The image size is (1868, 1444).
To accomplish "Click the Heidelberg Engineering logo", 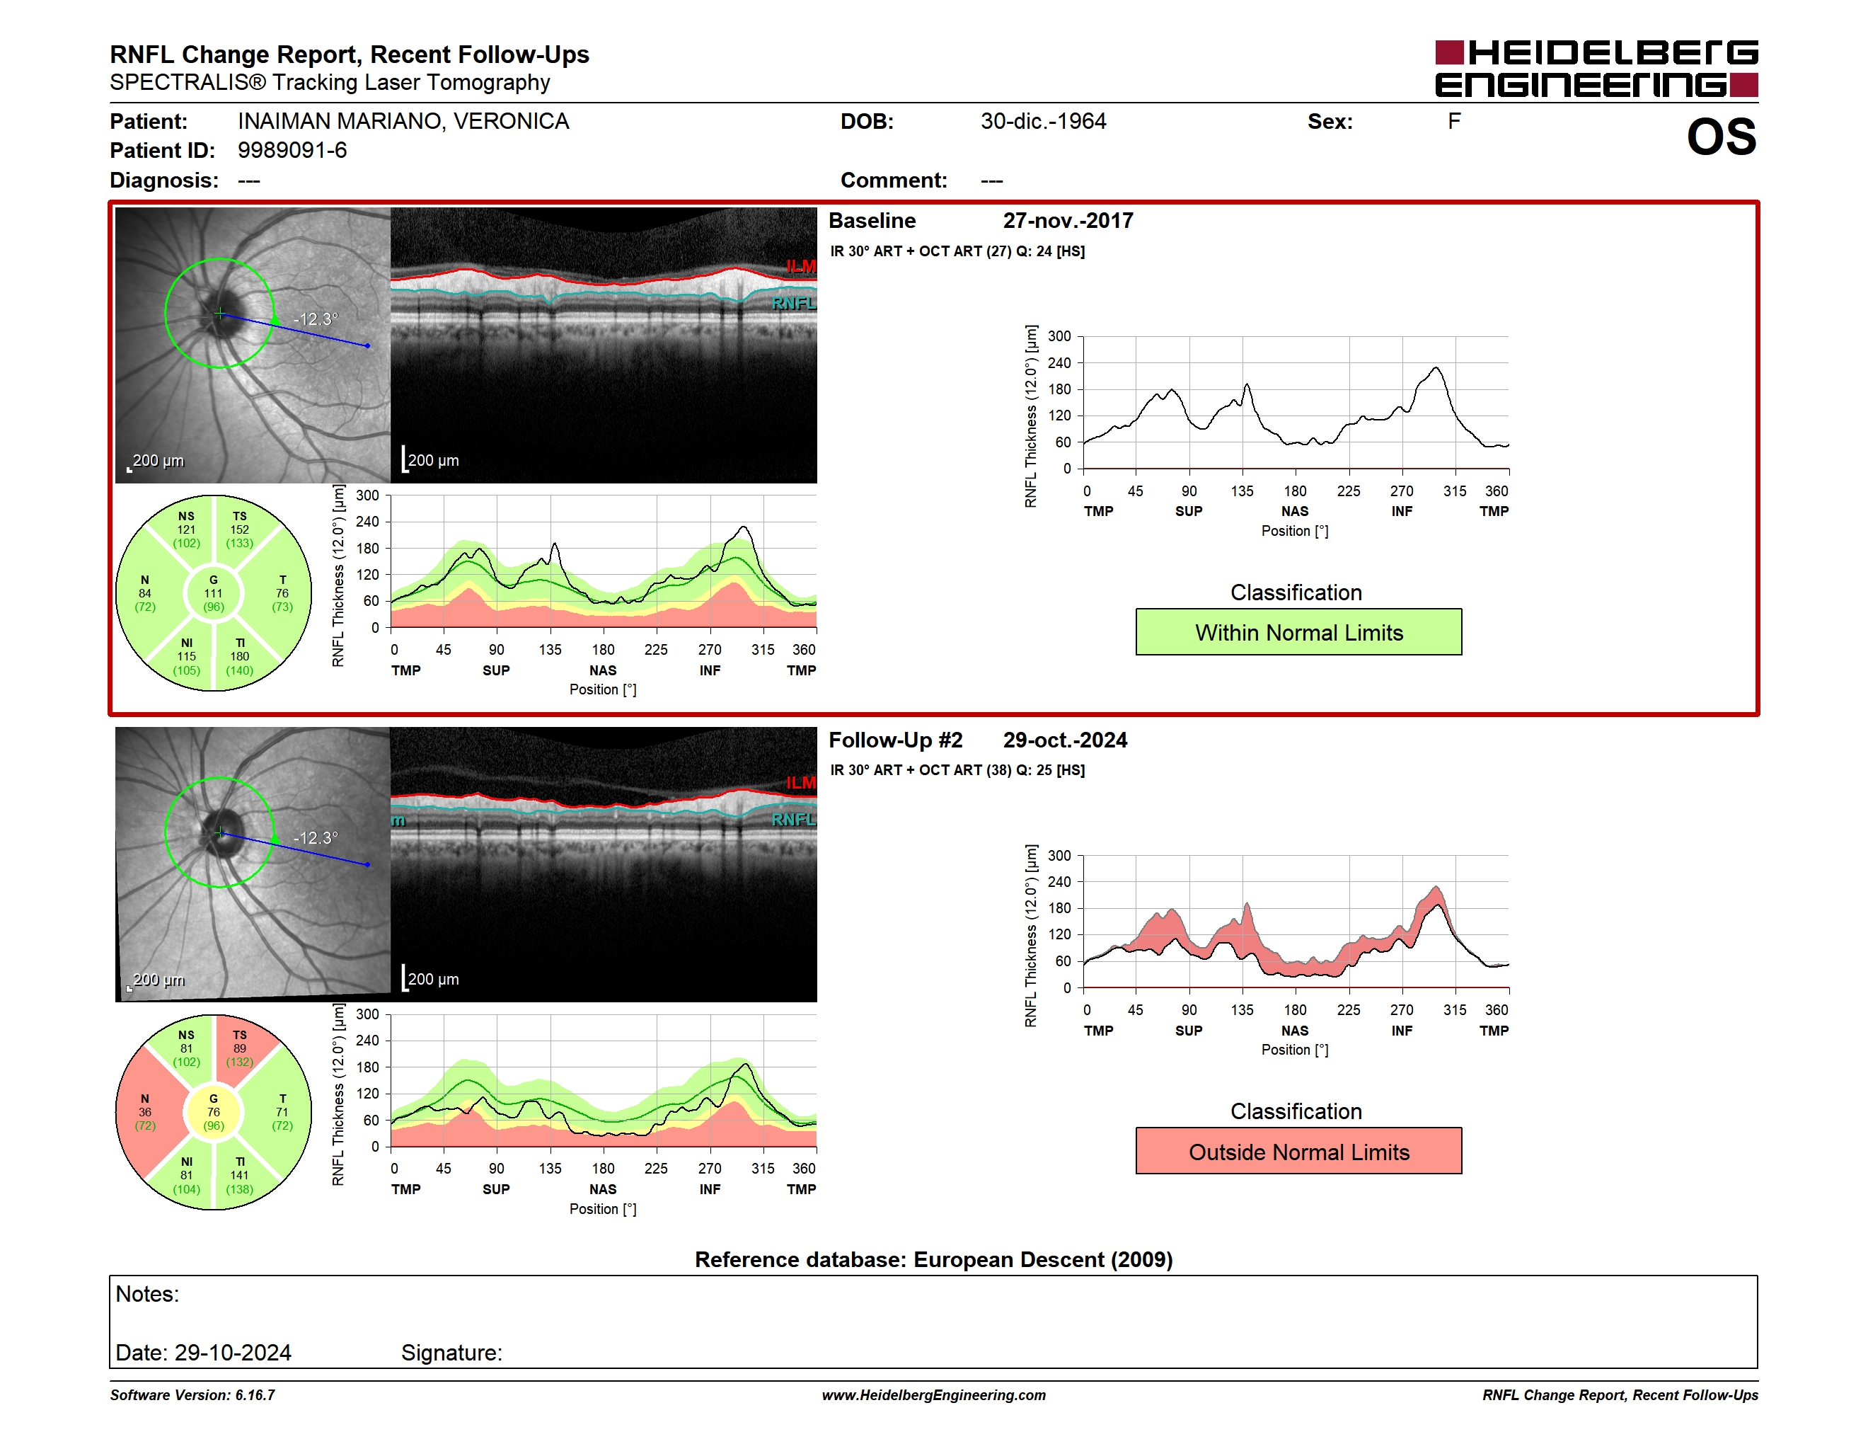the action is coord(1596,69).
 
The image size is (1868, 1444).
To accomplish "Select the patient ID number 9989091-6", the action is coord(292,151).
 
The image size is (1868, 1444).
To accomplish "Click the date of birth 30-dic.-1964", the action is coord(1044,122).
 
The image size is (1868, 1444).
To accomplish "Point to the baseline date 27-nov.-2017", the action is coord(1068,221).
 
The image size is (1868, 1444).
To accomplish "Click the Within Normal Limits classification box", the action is coord(1298,632).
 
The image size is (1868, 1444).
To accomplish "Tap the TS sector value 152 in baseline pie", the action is coord(239,529).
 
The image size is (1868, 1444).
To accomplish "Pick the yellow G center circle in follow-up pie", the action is coord(214,1112).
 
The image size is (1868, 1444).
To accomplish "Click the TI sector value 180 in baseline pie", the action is coord(239,656).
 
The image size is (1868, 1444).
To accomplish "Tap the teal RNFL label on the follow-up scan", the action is coord(794,820).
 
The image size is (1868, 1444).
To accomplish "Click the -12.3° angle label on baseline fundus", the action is coord(316,319).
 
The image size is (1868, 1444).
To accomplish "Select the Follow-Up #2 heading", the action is coord(896,740).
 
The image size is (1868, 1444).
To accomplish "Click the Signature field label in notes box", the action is coord(451,1353).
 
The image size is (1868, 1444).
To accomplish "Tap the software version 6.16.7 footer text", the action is coord(192,1395).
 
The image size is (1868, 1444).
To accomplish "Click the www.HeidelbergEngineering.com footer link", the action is coord(934,1395).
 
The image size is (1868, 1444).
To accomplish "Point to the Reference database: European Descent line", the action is coord(934,1259).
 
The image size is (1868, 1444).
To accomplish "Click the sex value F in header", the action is coord(1454,122).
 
